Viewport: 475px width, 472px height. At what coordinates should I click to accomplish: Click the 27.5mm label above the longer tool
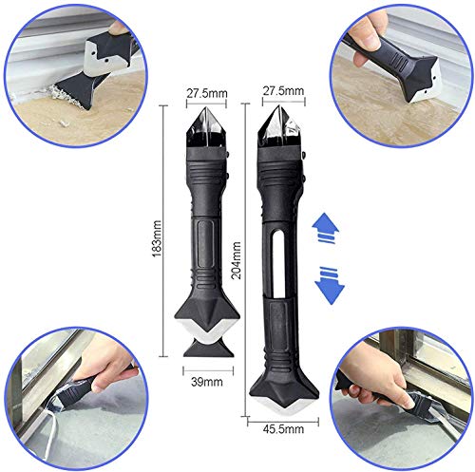(x=283, y=90)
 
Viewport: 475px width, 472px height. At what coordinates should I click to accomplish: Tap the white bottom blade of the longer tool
(x=284, y=406)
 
